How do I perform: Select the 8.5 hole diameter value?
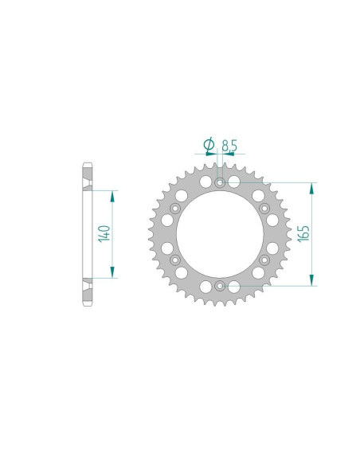coord(229,146)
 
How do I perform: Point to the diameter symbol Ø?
coord(208,145)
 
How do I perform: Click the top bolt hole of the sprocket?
coord(220,183)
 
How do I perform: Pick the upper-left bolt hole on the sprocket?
coord(175,208)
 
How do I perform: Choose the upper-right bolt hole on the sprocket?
coord(264,208)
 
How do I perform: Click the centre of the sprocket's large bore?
coord(220,233)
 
